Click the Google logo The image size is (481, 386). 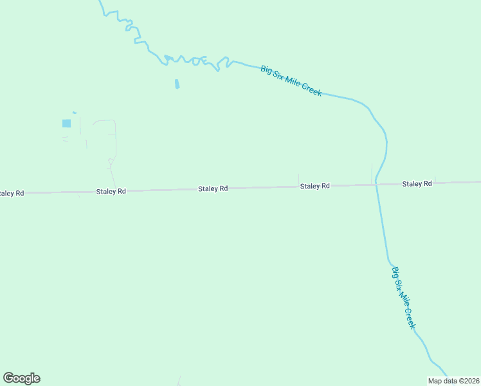(x=22, y=378)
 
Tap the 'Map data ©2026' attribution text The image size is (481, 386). (x=453, y=381)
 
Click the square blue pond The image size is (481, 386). (x=66, y=123)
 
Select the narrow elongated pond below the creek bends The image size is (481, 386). (x=177, y=84)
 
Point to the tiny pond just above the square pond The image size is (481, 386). (x=75, y=113)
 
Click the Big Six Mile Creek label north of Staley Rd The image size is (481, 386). (x=291, y=80)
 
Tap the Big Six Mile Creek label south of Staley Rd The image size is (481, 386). (x=404, y=298)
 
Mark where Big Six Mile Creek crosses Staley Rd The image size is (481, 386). (x=376, y=185)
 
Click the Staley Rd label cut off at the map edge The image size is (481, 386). (x=11, y=193)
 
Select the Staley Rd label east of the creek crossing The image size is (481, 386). (x=417, y=184)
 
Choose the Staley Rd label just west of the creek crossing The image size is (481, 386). (x=314, y=186)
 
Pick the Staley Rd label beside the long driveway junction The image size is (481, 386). (x=111, y=191)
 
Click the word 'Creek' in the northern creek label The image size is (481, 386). (x=312, y=91)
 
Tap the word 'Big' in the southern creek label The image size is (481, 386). (x=395, y=272)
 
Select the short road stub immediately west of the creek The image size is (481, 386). (x=372, y=172)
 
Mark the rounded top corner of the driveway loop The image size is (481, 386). (x=113, y=121)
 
